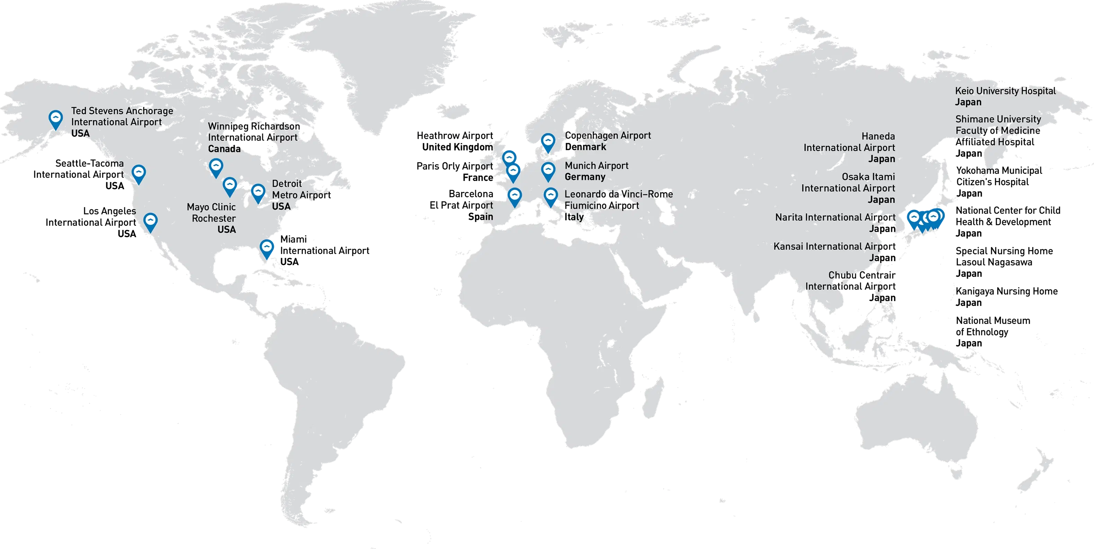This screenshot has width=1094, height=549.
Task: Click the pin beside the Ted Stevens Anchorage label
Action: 56,119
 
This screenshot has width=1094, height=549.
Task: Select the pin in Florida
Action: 267,249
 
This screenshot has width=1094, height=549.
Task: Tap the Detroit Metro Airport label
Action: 297,195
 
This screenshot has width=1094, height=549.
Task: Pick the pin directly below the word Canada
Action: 216,167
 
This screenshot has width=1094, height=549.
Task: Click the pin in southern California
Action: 150,222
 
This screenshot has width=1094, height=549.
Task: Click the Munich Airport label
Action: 596,166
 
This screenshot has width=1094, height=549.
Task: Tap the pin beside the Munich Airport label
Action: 548,171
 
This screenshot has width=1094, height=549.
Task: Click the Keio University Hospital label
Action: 1005,91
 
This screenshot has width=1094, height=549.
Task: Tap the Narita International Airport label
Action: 835,217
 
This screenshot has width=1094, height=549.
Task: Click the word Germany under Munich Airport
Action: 585,177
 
